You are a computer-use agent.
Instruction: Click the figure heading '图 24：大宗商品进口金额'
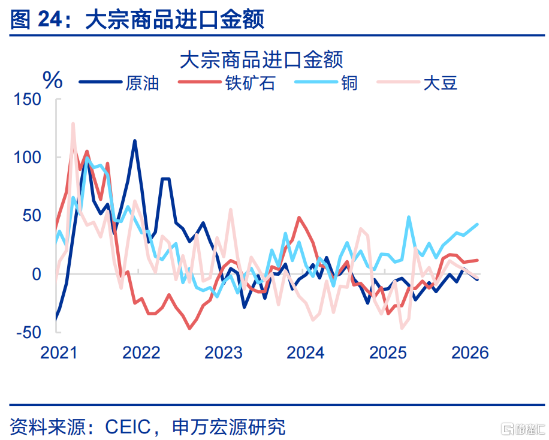tap(137, 19)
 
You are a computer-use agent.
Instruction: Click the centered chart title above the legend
tap(261, 59)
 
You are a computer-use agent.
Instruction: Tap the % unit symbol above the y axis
tap(53, 80)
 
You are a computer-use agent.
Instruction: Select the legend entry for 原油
tap(119, 83)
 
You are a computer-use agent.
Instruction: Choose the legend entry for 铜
tap(326, 83)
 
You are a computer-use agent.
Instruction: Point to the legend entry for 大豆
tap(417, 83)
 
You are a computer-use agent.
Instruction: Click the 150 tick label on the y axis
tap(28, 100)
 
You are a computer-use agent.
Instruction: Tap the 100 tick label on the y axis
tap(28, 158)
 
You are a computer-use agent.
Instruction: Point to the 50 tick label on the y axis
tap(32, 216)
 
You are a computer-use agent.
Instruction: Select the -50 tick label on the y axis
tap(29, 332)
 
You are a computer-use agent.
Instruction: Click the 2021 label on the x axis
tap(59, 352)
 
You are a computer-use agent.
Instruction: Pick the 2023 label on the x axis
tap(224, 352)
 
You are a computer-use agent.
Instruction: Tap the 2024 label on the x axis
tap(306, 352)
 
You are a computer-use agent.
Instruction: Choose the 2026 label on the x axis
tap(470, 352)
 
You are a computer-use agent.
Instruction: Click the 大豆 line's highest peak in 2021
tap(73, 123)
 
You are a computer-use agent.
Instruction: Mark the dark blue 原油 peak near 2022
tap(135, 141)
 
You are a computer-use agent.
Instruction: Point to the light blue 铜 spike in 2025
tap(409, 217)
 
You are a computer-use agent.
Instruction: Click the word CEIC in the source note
tap(128, 427)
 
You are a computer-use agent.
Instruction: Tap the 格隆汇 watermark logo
tap(523, 428)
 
